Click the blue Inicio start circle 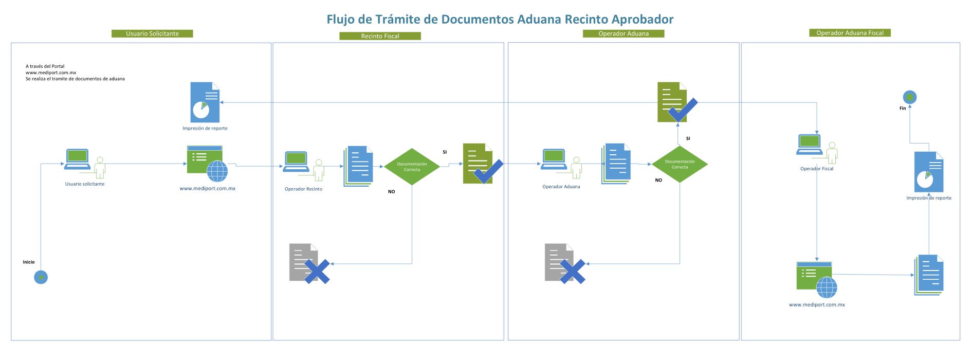click(41, 277)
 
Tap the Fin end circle click(910, 97)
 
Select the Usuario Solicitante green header click(152, 33)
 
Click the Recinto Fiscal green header click(380, 36)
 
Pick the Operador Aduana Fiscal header click(850, 33)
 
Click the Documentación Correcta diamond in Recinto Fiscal click(412, 167)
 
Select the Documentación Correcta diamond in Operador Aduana click(680, 164)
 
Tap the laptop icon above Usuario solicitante click(77, 159)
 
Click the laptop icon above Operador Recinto click(296, 161)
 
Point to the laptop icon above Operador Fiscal click(809, 144)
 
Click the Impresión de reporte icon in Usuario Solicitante click(205, 102)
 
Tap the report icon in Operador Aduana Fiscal click(929, 172)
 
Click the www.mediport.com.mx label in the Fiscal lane click(817, 305)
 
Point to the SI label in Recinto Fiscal click(445, 152)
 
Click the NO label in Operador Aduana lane click(658, 181)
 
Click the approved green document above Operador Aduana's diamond click(675, 102)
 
